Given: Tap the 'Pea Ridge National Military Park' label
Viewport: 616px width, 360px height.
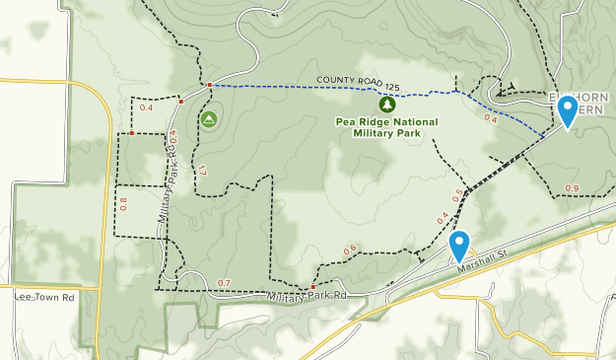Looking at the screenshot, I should pos(387,126).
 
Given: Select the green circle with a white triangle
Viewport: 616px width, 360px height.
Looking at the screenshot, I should pos(208,119).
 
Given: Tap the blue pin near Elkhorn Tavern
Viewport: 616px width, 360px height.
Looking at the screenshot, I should pos(568,111).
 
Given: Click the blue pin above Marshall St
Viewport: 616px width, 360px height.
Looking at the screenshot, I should pos(459,245).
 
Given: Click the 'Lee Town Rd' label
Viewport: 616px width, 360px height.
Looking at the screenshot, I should pos(44,297).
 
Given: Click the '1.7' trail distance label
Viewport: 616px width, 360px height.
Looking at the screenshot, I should pos(202,171).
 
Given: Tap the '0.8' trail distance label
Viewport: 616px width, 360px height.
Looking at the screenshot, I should pos(124,204).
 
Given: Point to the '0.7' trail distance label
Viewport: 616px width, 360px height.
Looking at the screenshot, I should pos(224,284).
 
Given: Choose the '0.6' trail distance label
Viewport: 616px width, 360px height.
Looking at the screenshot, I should pos(350,250).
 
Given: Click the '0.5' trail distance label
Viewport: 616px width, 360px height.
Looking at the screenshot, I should pos(457,193).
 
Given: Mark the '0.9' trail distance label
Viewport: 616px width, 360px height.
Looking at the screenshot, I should pos(572,188).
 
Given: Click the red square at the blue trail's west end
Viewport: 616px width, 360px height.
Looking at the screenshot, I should pos(210,85).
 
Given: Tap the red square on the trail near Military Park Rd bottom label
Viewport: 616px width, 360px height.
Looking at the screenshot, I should pos(313,287).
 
